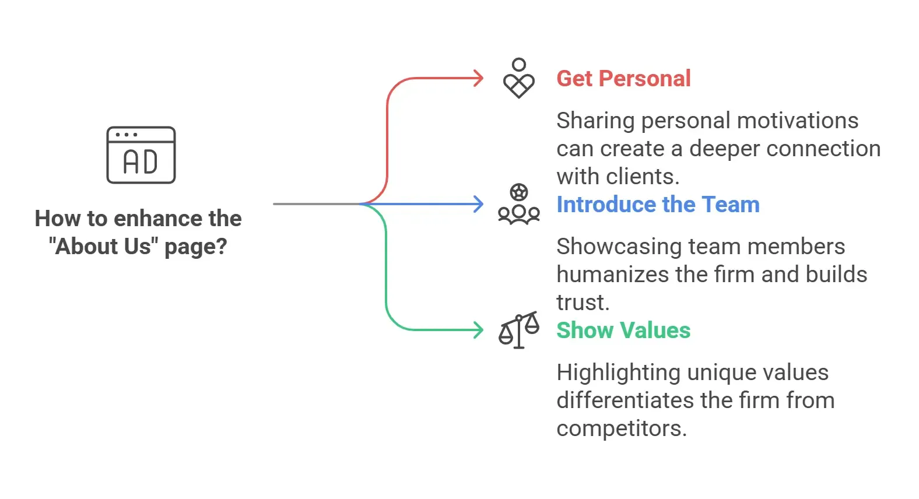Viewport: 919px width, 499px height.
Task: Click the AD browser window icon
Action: pos(141,155)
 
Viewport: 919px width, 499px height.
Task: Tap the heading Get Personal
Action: pos(623,78)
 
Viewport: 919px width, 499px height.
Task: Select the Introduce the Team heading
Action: pos(658,204)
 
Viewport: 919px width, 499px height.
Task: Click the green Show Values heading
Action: pos(623,330)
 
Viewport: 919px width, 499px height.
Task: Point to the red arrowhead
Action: pos(478,78)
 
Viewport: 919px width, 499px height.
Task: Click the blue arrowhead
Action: pos(478,204)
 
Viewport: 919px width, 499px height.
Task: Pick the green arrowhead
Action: pos(478,330)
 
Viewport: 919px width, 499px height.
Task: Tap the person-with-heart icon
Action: pos(519,78)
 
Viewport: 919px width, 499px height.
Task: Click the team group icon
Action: pos(519,204)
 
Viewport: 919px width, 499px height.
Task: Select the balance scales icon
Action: pos(519,330)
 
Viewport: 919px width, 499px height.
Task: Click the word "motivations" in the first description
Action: pos(798,121)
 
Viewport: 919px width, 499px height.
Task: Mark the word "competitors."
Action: pos(622,429)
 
